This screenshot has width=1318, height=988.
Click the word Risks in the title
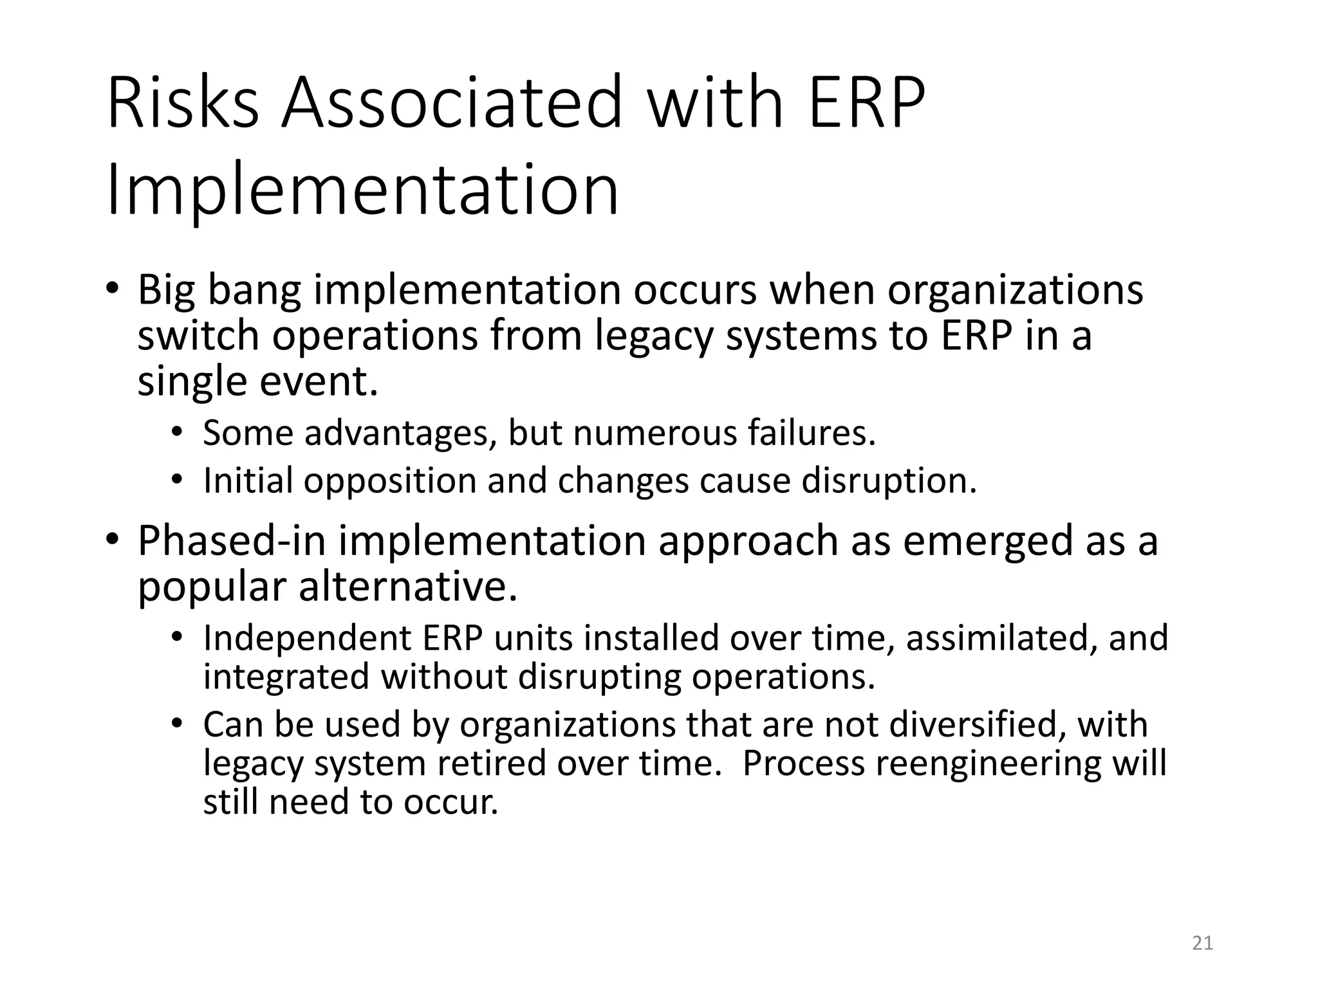(183, 103)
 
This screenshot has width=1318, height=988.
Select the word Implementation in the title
(362, 191)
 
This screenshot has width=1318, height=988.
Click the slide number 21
(1202, 943)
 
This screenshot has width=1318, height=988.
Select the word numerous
(654, 433)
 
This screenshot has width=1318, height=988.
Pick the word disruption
(889, 481)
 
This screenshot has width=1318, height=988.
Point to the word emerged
(988, 541)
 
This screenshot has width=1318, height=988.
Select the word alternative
(408, 587)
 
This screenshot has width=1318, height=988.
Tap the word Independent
(307, 638)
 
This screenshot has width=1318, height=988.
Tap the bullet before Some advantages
(178, 432)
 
